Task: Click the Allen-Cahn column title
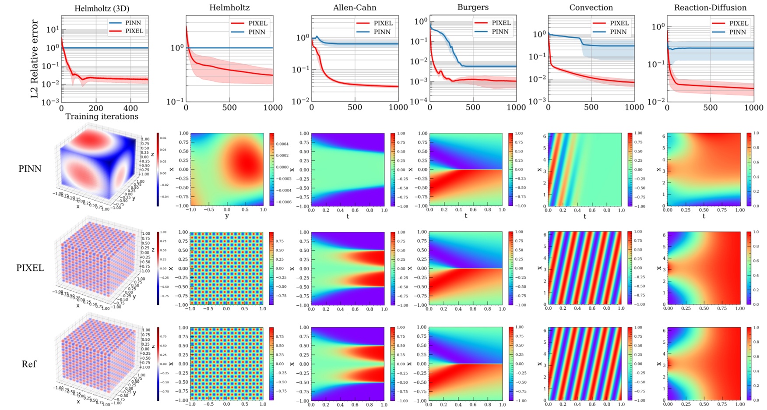tap(354, 8)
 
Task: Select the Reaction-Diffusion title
tap(710, 8)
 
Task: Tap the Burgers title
tap(473, 7)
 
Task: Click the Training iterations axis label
tap(102, 117)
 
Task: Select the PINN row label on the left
tap(30, 169)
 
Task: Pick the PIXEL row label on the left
tap(30, 268)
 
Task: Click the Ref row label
tap(29, 364)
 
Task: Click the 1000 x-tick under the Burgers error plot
tap(516, 107)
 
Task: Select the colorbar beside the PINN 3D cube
tap(158, 169)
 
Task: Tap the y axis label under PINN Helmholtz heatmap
tap(226, 216)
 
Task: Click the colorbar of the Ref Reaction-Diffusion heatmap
tap(749, 364)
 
